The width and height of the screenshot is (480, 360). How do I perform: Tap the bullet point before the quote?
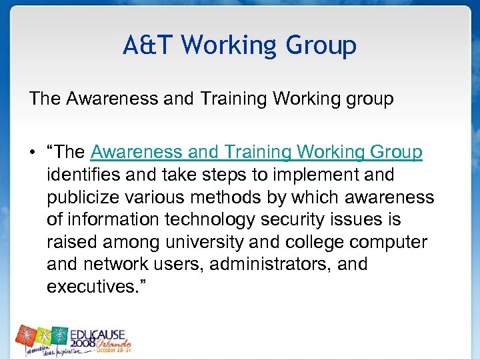[x=33, y=153]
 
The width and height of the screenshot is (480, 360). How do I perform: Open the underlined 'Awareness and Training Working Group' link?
[x=256, y=152]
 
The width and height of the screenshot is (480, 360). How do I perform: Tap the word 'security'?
[x=287, y=219]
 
